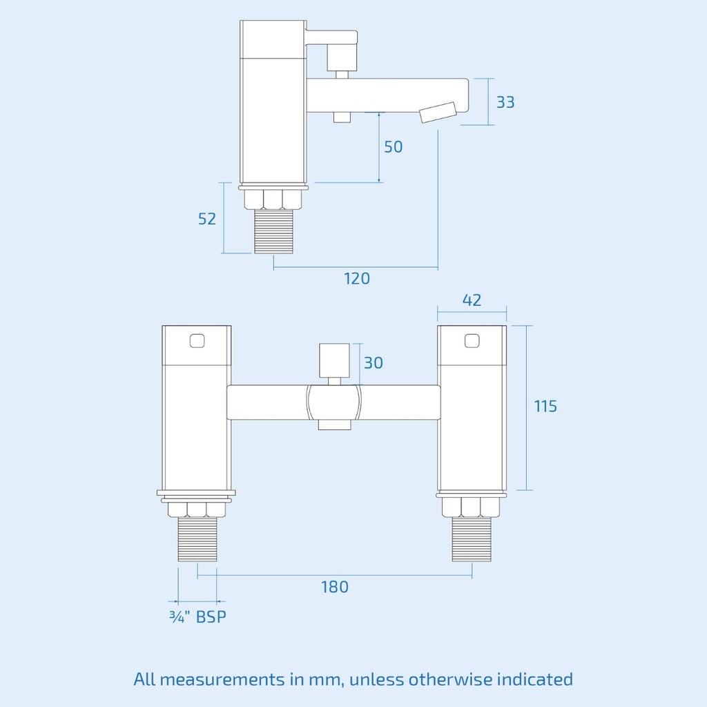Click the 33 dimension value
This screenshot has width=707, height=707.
coord(505,102)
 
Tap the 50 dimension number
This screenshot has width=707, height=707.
coord(393,147)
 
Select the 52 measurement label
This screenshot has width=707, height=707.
coord(207,219)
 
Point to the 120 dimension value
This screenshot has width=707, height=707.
coord(357,279)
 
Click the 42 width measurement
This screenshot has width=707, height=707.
coord(472,300)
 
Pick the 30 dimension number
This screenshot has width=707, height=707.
coord(374,363)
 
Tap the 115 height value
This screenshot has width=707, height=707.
coord(545,406)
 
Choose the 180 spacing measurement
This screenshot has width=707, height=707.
coord(335,587)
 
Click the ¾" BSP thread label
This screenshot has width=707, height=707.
coord(197,617)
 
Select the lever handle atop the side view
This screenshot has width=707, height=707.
coord(331,38)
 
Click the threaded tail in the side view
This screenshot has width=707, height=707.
coord(273,231)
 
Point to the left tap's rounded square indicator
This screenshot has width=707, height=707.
coord(197,341)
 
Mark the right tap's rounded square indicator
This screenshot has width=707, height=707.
coord(472,340)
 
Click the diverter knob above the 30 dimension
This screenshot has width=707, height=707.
coord(335,360)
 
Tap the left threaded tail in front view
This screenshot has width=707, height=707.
coord(197,539)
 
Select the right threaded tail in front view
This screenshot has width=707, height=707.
coord(472,539)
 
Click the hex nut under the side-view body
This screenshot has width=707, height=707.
coord(273,200)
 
